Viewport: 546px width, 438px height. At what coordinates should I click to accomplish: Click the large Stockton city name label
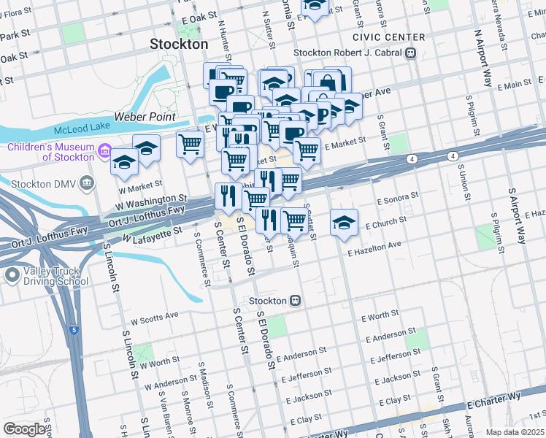(x=179, y=44)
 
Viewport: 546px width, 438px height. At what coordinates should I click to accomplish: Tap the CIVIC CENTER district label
(x=388, y=37)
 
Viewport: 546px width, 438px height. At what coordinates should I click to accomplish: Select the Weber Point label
(x=145, y=117)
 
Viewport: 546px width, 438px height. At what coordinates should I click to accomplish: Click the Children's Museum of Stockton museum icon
(x=104, y=153)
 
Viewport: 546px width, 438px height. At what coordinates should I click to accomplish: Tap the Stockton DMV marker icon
(x=88, y=182)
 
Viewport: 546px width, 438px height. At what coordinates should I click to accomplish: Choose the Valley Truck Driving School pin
(x=12, y=275)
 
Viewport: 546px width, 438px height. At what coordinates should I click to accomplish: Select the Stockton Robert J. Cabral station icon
(x=411, y=53)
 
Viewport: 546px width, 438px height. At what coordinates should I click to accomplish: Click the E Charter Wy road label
(x=496, y=400)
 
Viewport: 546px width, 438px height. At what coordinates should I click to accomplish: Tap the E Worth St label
(x=380, y=316)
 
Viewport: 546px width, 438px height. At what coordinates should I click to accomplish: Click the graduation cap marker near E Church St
(x=344, y=223)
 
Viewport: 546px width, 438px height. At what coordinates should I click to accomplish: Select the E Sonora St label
(x=397, y=198)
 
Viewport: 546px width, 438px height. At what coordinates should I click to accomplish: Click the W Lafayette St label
(x=152, y=236)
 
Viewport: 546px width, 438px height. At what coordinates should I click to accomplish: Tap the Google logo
(x=24, y=429)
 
